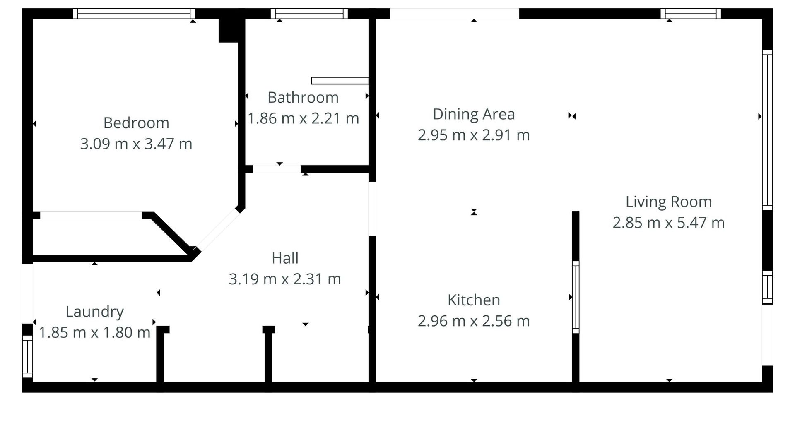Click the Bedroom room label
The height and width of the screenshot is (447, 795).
point(136,123)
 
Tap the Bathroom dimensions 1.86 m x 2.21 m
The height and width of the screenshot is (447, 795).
point(303,118)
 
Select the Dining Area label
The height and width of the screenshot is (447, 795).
point(474,114)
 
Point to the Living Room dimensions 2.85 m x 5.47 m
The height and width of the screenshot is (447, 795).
point(669,223)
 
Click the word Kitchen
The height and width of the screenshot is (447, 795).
point(474,300)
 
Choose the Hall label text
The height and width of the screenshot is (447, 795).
point(285,258)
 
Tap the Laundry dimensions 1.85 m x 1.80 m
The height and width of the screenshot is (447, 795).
point(94,332)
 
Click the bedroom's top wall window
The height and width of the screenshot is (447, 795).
point(134,14)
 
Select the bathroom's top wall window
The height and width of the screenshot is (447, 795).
point(309,14)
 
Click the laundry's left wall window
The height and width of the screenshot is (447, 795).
point(27,356)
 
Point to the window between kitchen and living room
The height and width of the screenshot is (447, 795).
point(576,297)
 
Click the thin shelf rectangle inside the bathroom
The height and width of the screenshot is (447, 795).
point(340,81)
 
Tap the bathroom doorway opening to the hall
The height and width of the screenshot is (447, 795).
point(277,169)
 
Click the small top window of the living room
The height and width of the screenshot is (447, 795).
point(691,14)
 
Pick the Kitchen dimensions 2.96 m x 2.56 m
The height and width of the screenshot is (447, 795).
point(474,321)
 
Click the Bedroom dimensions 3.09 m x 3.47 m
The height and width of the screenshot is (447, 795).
point(136,144)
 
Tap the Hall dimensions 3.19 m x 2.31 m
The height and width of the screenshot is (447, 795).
point(285,279)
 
